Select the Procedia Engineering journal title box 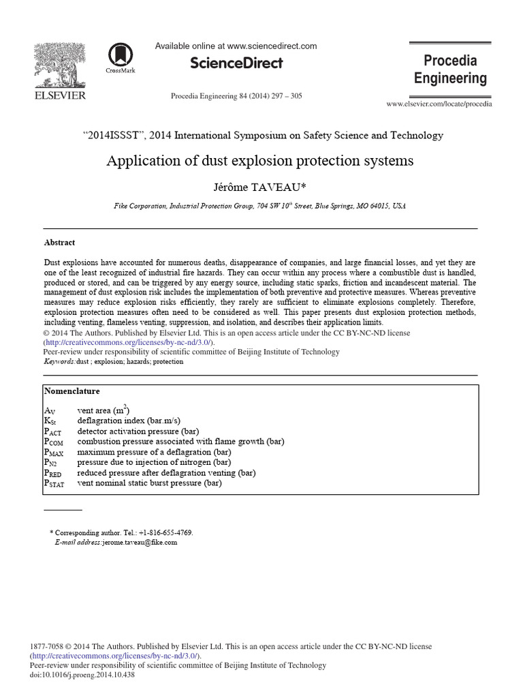(x=451, y=70)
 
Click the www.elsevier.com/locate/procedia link (x=439, y=104)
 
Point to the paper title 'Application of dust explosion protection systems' (x=259, y=162)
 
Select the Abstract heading (x=59, y=243)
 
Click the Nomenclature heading (x=72, y=391)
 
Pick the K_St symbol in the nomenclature (x=50, y=421)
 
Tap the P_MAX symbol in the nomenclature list (x=53, y=452)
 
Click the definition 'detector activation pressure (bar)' (x=138, y=431)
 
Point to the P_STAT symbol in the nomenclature (x=54, y=483)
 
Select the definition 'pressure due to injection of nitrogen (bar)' (x=154, y=462)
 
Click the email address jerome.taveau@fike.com (x=140, y=543)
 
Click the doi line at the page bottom (x=82, y=675)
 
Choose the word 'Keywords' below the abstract (x=59, y=362)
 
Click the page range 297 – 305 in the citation (x=287, y=96)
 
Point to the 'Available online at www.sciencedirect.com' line (x=236, y=46)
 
